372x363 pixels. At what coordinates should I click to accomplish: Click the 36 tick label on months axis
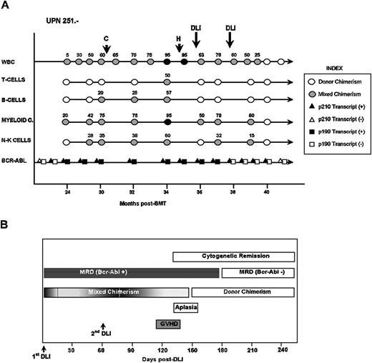coord(200,192)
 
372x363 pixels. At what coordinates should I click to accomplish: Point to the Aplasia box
coord(185,309)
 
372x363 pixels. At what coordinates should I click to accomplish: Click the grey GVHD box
coord(167,325)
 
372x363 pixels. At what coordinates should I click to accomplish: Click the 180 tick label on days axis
coord(222,350)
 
